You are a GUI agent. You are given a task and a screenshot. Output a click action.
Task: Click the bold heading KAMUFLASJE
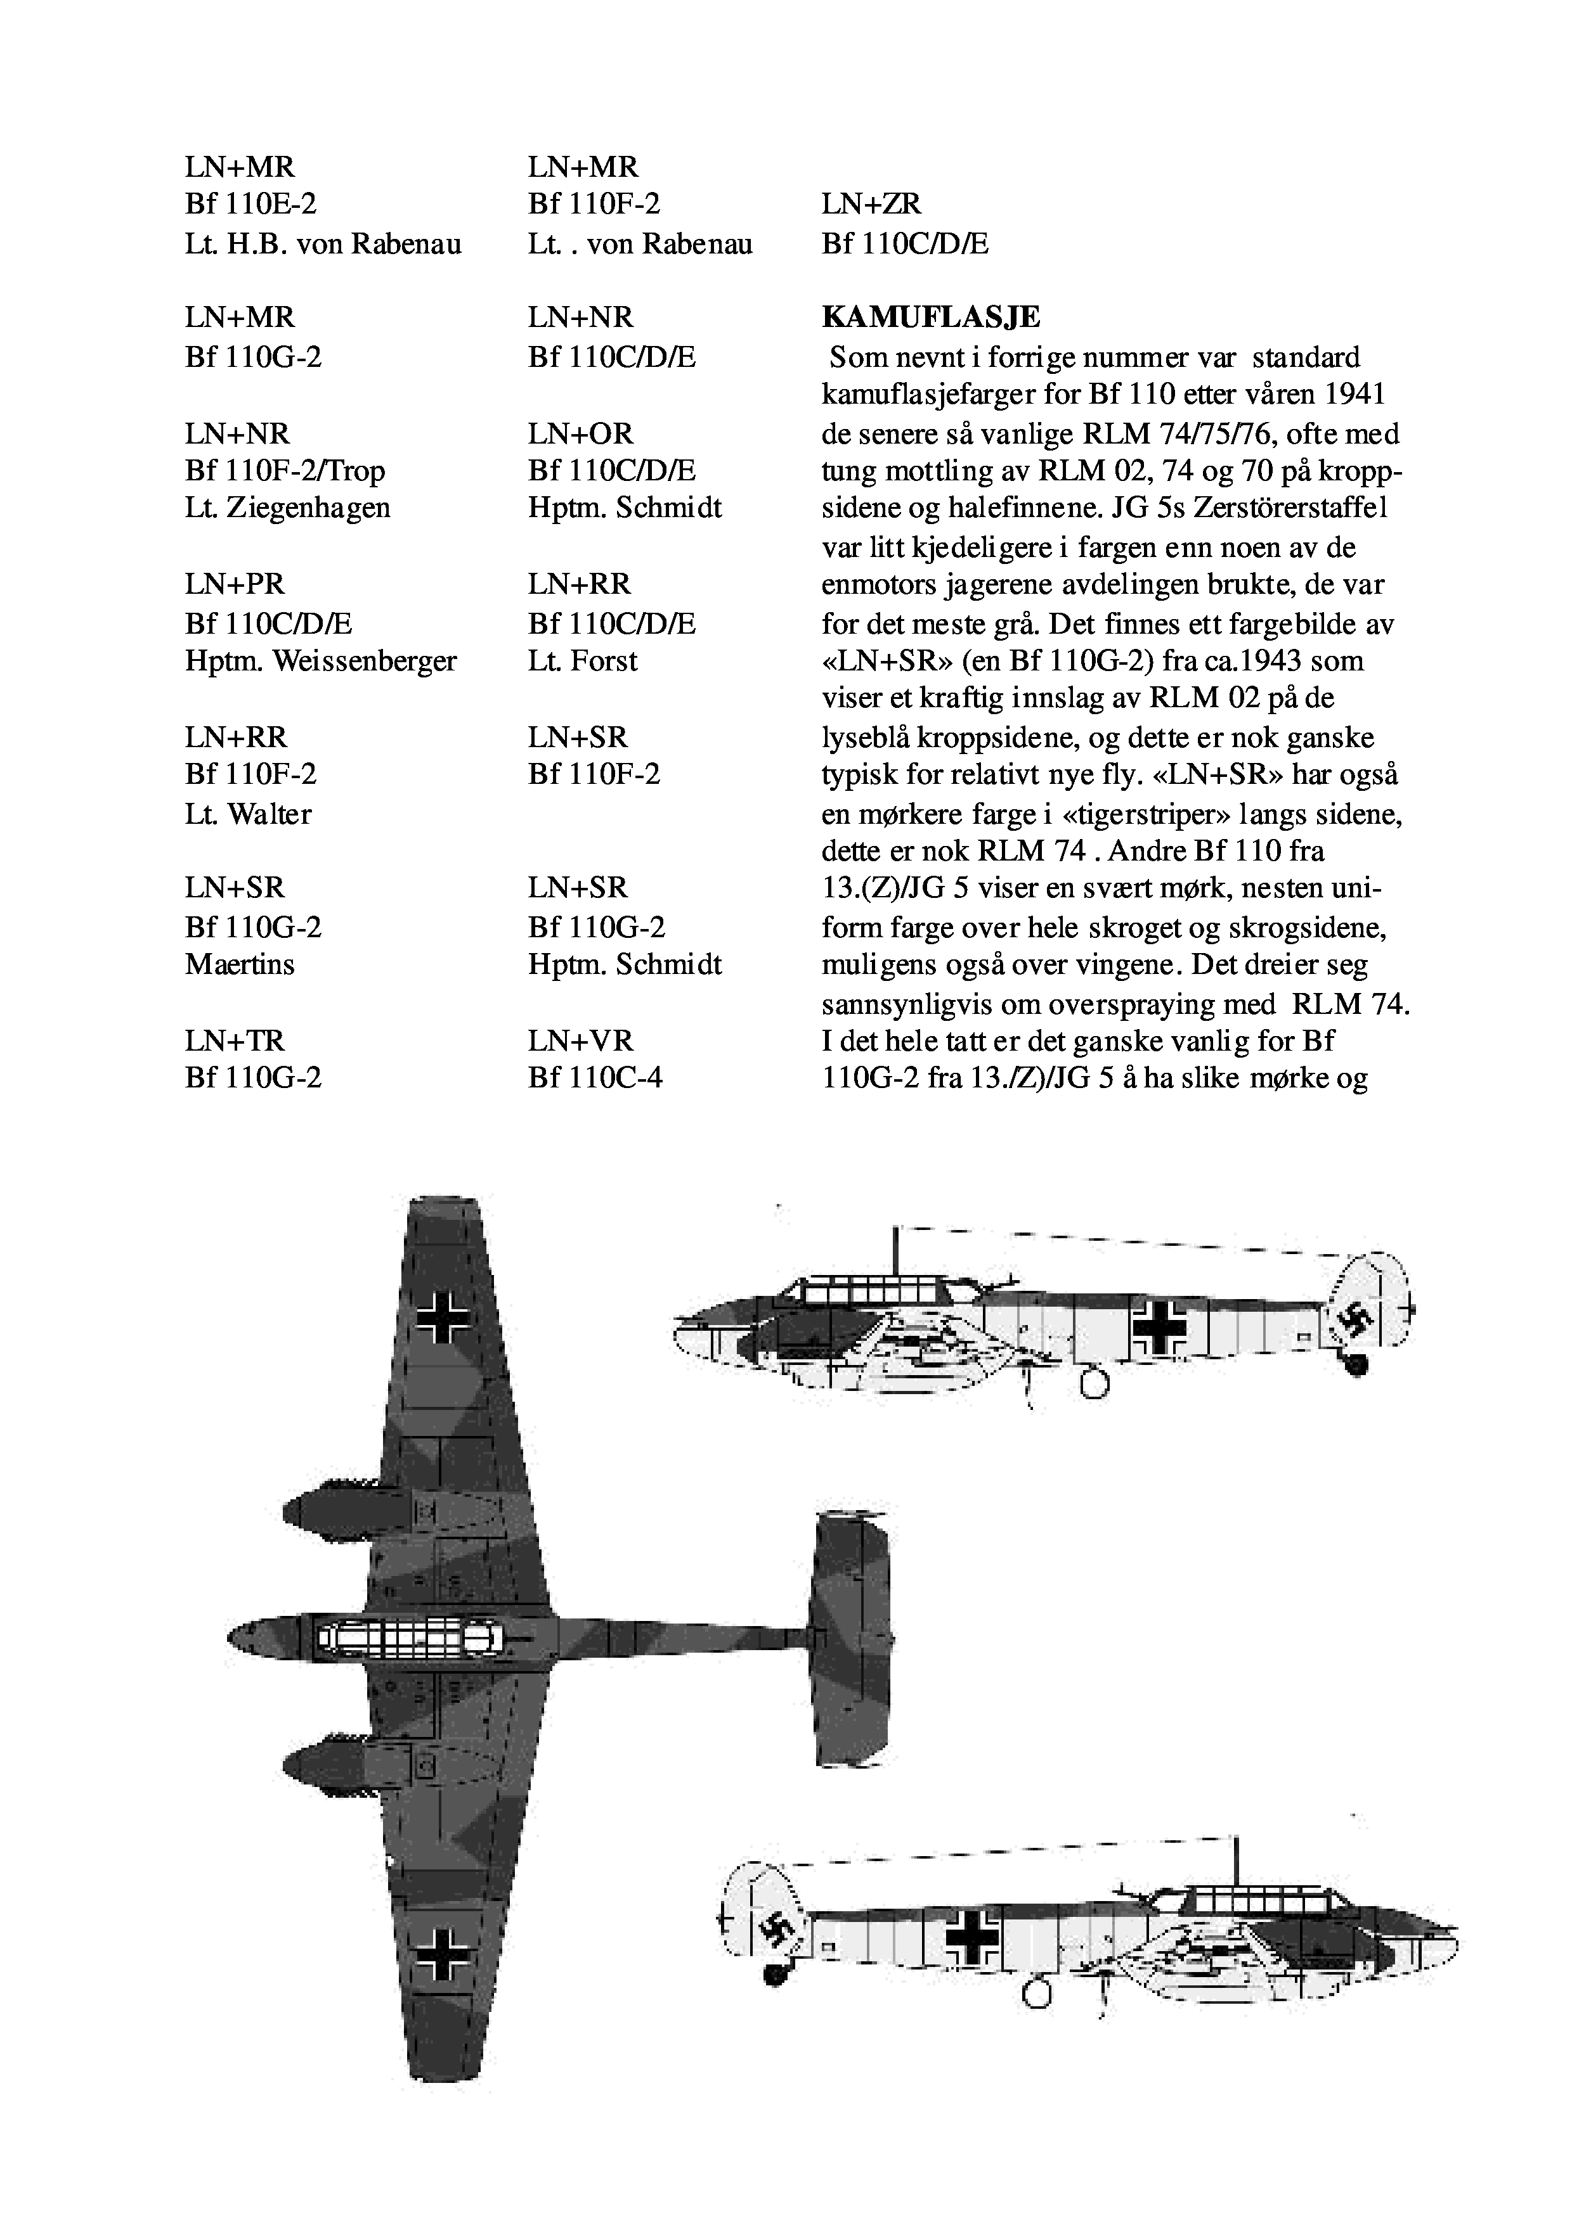(930, 317)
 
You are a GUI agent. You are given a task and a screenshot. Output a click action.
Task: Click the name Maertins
(239, 964)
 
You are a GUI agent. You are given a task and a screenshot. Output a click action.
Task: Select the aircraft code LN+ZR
(871, 204)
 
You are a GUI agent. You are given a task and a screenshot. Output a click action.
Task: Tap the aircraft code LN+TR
(235, 1041)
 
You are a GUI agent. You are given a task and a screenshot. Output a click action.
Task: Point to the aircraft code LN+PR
(235, 585)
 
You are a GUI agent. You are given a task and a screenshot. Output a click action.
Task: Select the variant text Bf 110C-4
(595, 1078)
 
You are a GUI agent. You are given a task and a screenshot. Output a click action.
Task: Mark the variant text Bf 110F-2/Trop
(285, 471)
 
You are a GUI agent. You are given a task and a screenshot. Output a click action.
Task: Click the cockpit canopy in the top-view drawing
(407, 1637)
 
